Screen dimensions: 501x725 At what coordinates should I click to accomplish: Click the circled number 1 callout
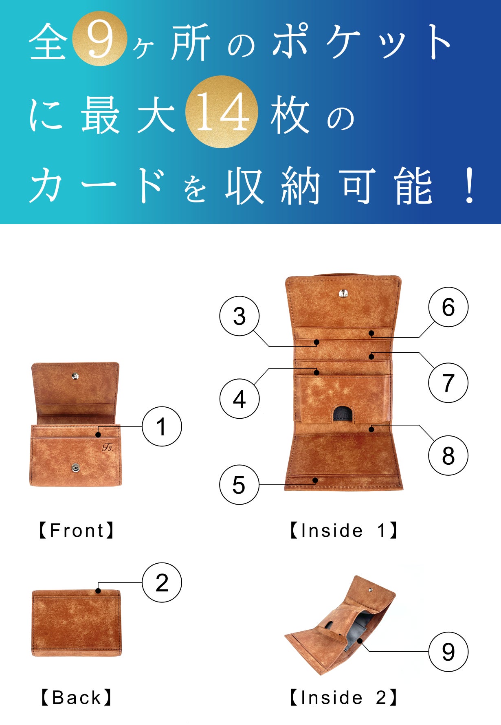162,426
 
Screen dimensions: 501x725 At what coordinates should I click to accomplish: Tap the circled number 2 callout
162,582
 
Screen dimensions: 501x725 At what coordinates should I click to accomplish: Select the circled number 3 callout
240,316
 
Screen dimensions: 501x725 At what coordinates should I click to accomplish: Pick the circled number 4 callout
240,398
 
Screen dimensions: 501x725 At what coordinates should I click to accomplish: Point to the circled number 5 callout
240,485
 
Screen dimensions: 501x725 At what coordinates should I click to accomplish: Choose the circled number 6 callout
448,307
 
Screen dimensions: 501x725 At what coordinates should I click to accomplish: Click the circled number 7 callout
448,382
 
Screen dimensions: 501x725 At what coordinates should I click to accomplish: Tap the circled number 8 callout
448,455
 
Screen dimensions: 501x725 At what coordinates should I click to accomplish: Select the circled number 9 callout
448,652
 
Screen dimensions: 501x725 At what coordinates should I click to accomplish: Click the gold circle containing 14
222,112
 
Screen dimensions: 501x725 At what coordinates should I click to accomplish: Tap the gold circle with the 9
99,39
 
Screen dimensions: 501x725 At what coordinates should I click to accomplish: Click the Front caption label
76,530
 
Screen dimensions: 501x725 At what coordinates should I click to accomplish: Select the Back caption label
76,697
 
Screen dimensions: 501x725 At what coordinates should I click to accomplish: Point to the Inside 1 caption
343,530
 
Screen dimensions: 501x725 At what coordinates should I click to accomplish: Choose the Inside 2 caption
343,697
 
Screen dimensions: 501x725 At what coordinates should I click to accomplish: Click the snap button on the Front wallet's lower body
75,468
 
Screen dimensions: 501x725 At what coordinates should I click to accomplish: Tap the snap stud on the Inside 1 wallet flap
343,293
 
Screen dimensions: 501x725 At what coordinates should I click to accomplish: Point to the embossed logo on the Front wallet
108,447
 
